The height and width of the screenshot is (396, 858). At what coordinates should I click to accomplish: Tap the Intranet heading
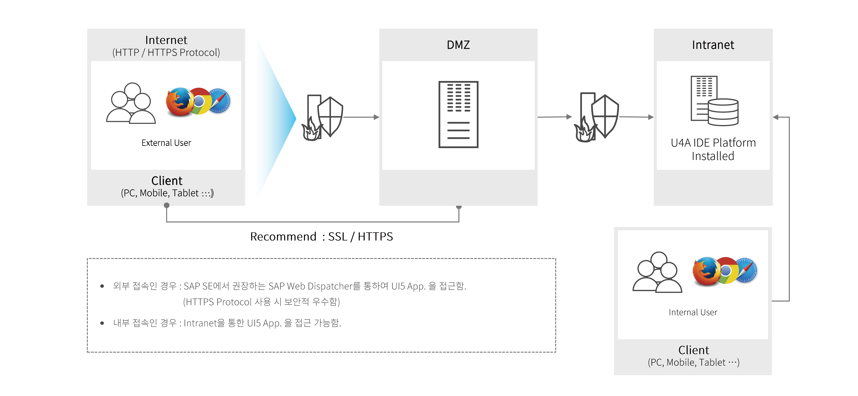click(x=713, y=45)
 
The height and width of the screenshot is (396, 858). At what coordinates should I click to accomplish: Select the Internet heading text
click(x=166, y=40)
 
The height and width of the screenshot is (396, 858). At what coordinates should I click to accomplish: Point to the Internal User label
click(x=693, y=312)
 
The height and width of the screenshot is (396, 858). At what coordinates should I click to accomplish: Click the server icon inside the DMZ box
click(x=458, y=114)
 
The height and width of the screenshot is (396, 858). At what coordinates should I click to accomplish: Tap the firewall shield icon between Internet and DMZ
click(x=322, y=117)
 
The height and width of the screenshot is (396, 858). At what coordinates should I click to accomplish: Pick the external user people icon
click(x=131, y=103)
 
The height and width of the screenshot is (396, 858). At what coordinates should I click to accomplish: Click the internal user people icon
click(x=657, y=272)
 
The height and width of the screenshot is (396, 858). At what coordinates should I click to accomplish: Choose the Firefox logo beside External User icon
click(x=179, y=102)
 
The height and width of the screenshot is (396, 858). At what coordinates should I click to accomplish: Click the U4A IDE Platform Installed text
click(x=713, y=149)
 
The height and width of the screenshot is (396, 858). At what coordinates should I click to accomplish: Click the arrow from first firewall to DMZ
click(x=361, y=117)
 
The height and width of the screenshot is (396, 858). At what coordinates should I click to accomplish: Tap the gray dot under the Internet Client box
click(x=166, y=205)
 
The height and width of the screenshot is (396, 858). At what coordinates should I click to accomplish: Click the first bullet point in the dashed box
click(x=102, y=286)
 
